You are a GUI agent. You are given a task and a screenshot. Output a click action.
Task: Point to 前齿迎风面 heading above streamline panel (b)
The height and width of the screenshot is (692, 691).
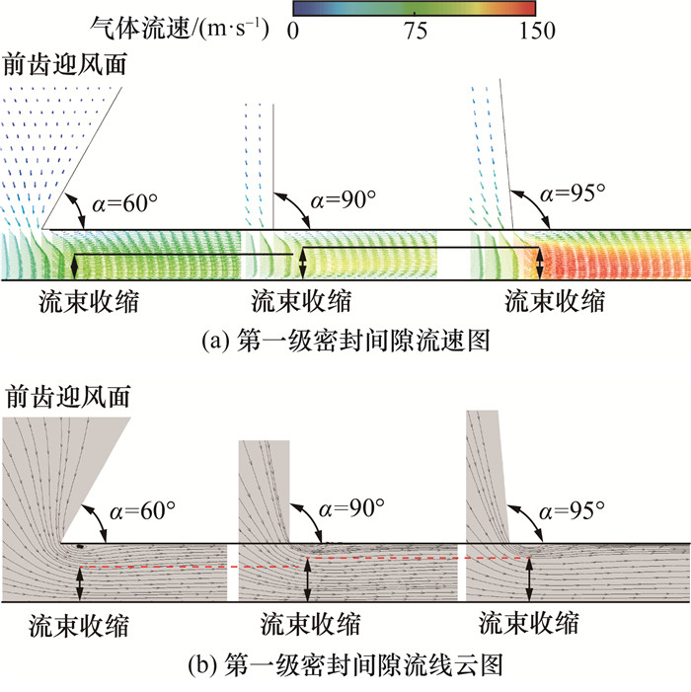point(67,396)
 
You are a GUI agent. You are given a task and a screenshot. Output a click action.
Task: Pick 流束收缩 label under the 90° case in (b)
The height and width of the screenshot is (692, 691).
point(310,624)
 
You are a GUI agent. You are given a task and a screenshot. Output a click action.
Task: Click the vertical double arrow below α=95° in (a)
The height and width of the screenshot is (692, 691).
point(539,263)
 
